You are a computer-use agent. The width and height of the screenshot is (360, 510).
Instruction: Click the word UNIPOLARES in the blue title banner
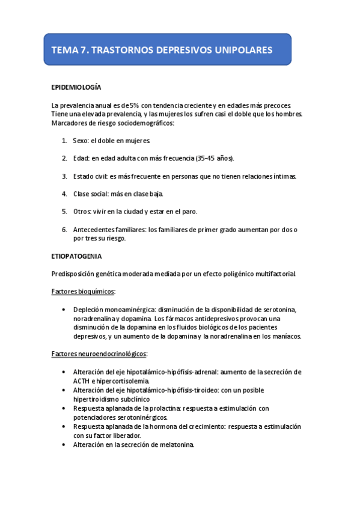243,50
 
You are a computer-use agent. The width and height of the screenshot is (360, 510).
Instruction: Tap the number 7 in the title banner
82,50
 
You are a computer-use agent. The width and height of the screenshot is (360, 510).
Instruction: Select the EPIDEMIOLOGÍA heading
76,88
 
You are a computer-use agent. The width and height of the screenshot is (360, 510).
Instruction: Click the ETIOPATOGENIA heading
76,256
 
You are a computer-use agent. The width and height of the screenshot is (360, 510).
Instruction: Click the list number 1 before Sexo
64,140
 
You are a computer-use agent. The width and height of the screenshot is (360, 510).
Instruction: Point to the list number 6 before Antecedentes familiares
64,230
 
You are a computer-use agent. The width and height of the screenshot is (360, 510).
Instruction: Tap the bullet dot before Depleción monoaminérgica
64,309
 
